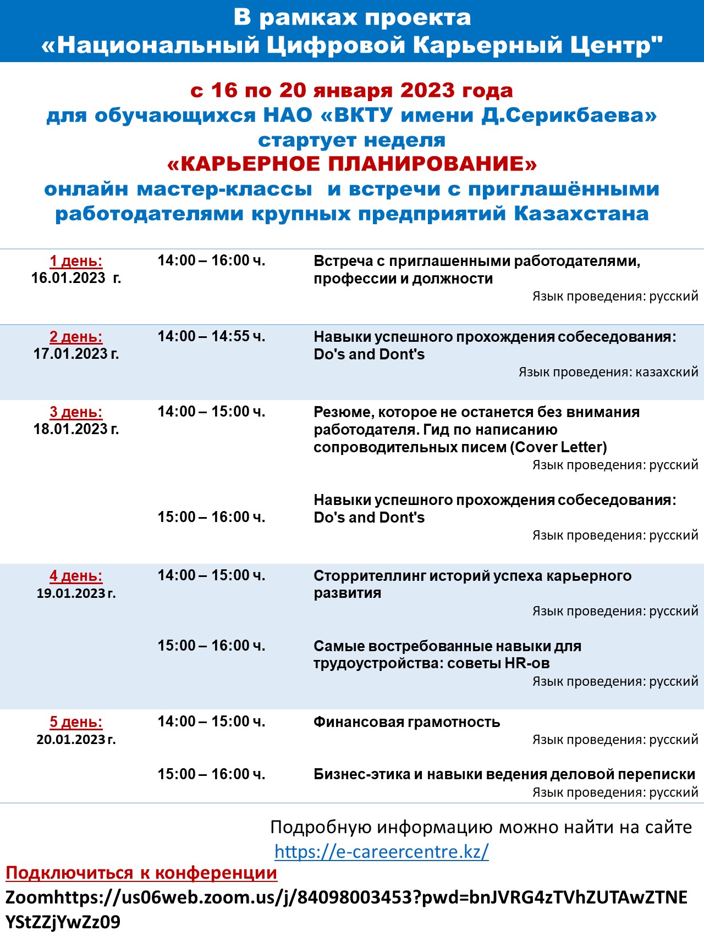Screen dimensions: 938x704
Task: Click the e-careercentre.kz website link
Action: pos(381,851)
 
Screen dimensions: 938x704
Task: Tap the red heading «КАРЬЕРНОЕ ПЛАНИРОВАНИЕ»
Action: pos(352,164)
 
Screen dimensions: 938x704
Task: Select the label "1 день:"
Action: pos(76,261)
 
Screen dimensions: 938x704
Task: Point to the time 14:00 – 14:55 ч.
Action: pos(211,336)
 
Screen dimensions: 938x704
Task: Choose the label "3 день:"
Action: pos(76,412)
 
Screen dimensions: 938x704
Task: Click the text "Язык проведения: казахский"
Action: pos(608,372)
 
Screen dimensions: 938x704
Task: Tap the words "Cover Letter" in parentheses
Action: pos(559,447)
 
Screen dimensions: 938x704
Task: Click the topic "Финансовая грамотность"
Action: pos(406,722)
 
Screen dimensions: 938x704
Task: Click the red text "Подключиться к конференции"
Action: pos(141,873)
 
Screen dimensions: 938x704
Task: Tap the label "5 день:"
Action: pos(76,722)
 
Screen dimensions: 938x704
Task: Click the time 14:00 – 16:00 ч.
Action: pos(211,260)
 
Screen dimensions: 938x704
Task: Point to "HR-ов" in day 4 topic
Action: pos(527,663)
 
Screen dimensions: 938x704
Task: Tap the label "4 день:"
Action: pos(76,576)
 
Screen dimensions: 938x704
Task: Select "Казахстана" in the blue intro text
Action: pos(581,214)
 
